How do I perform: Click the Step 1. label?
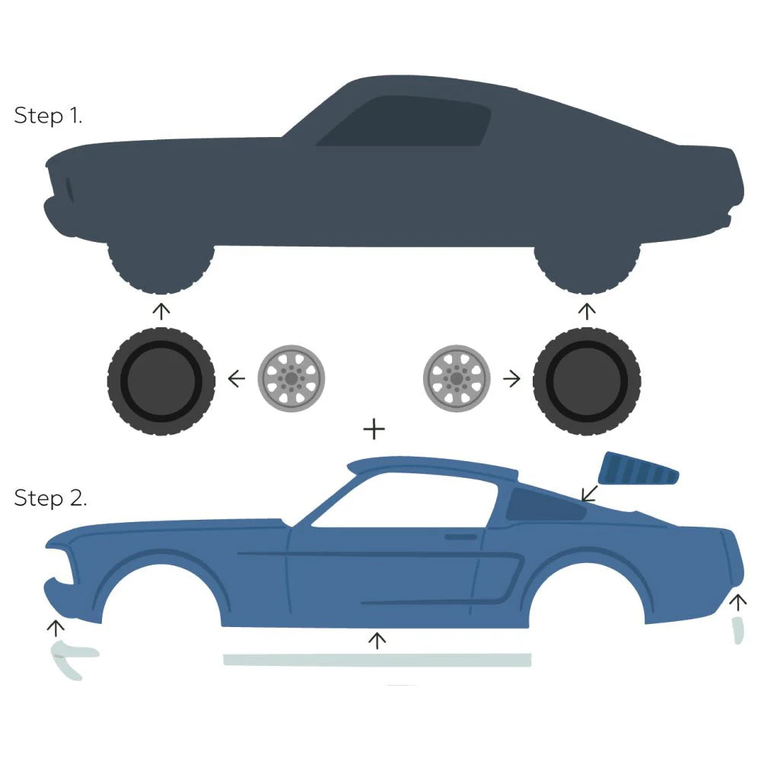tap(48, 116)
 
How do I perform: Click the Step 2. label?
tap(50, 498)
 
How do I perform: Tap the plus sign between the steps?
tap(374, 429)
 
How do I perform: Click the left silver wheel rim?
tap(291, 377)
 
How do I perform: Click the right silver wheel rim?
tap(456, 377)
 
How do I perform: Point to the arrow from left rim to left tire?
tap(237, 377)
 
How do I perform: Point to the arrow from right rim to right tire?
tap(511, 377)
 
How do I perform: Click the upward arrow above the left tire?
tap(161, 310)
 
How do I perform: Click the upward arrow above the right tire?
tap(586, 310)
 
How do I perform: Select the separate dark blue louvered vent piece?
tap(638, 470)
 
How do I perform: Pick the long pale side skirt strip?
tap(377, 660)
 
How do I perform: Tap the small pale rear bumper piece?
tap(737, 631)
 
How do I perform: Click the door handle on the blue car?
tap(460, 537)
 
